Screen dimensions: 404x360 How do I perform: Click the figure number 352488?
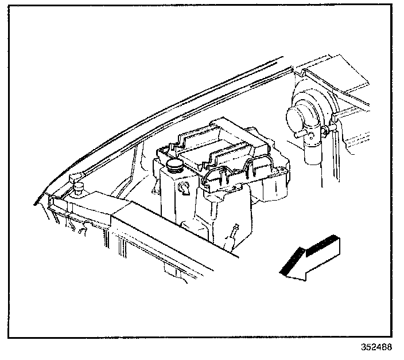point(377,347)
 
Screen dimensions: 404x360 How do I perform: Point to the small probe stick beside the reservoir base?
point(233,232)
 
